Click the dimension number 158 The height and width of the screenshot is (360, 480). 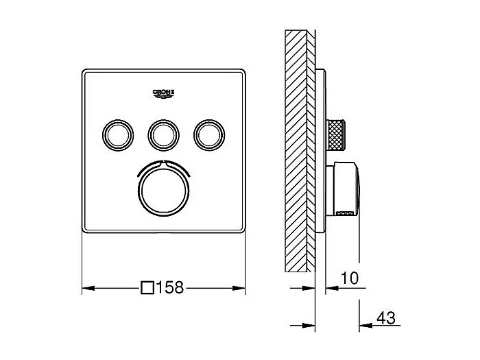click(171, 289)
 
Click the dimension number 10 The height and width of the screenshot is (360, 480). click(349, 278)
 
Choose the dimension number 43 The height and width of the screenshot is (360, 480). click(386, 318)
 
